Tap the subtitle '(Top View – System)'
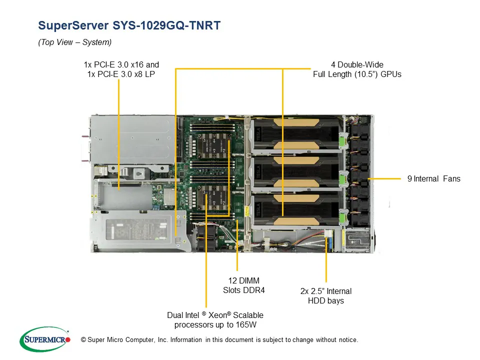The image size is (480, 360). [74, 42]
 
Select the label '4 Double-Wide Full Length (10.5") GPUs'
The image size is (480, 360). [357, 69]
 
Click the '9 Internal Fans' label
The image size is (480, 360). [433, 178]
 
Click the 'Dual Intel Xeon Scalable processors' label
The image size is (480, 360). [215, 320]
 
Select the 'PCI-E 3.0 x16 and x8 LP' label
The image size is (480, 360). [121, 69]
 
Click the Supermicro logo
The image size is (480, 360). [44, 339]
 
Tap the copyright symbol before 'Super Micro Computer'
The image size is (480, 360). [83, 340]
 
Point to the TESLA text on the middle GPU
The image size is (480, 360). [258, 171]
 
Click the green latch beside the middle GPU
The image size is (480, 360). [341, 177]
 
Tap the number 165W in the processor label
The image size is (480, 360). [253, 325]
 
